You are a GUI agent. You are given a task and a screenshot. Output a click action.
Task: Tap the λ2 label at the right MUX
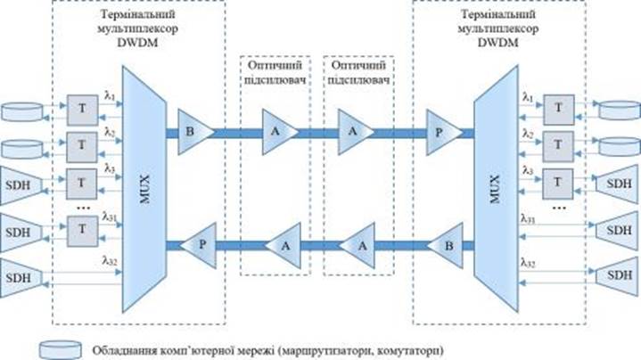(x=529, y=135)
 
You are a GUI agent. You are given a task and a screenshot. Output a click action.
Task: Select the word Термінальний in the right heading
(x=498, y=16)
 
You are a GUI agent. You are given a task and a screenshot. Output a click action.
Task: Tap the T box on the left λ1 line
(x=79, y=110)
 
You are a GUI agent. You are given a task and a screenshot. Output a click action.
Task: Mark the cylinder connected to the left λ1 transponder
(x=22, y=111)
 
